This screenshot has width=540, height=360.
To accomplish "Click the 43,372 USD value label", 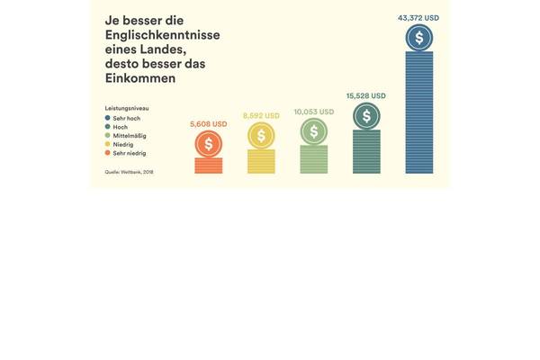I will click(418, 17).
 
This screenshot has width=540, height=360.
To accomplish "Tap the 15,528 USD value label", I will click(365, 95).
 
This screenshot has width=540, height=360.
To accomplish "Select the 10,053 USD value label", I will click(313, 112).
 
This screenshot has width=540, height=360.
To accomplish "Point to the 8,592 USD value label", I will click(261, 116).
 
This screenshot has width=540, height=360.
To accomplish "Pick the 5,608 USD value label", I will click(208, 124).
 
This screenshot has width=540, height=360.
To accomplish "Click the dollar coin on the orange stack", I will click(208, 143).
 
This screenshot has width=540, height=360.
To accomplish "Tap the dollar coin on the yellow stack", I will click(261, 136).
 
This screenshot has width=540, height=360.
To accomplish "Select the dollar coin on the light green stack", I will click(313, 131).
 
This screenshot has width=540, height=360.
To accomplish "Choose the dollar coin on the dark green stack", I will click(366, 115).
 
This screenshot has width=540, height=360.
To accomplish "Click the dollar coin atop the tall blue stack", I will click(418, 38).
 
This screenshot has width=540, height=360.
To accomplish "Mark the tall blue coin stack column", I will click(418, 112).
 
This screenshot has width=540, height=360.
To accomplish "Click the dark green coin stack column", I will click(366, 151).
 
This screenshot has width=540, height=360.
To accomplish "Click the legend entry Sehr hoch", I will click(123, 118).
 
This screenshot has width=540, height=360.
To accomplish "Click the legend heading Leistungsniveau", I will click(126, 108).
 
